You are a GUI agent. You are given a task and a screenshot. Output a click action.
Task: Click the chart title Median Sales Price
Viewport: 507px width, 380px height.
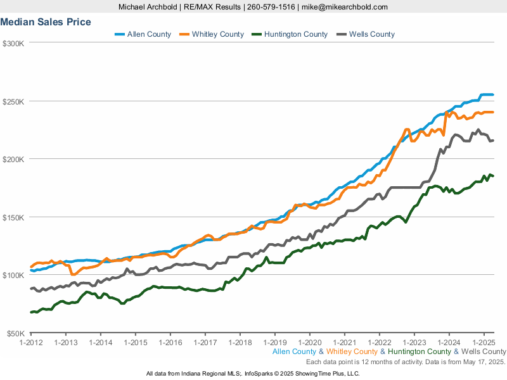click(x=46, y=22)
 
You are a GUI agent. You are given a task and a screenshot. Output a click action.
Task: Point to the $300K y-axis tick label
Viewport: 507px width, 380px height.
click(x=13, y=43)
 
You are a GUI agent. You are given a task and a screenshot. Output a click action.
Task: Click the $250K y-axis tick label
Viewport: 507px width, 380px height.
click(x=13, y=101)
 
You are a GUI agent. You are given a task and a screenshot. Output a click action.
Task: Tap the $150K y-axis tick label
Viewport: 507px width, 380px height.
click(x=13, y=217)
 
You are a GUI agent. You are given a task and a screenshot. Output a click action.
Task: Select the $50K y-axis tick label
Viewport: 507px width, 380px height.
click(x=14, y=333)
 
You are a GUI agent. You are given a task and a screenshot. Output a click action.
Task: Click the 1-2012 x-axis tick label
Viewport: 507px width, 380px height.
click(x=30, y=343)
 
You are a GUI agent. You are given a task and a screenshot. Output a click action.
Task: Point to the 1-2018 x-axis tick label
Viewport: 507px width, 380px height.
click(x=240, y=343)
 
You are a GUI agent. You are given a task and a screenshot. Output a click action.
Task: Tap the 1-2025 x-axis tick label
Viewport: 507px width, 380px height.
click(x=484, y=343)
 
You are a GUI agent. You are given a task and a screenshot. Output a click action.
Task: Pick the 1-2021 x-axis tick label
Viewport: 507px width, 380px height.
click(x=344, y=343)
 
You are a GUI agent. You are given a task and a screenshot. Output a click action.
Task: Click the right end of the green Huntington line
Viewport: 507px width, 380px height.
click(x=493, y=175)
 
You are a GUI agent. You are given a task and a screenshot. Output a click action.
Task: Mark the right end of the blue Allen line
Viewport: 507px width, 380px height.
click(x=493, y=95)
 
